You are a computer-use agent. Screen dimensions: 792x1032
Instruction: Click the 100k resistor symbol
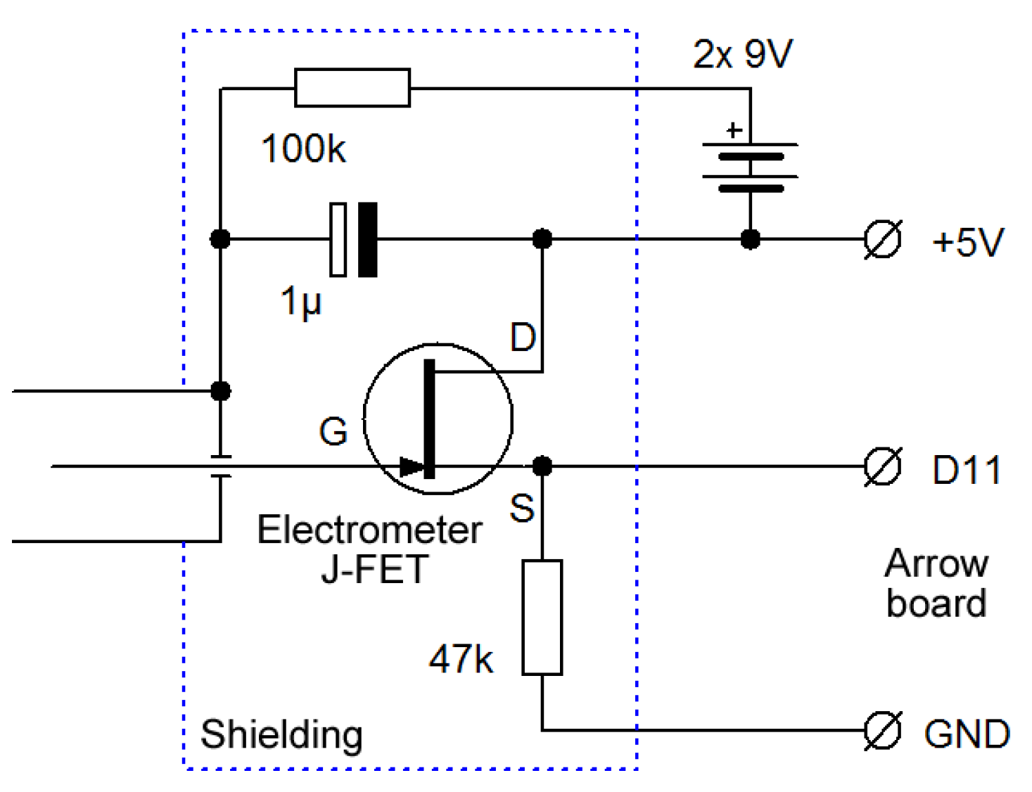(352, 88)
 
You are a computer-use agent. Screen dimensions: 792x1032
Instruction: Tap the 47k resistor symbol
(542, 617)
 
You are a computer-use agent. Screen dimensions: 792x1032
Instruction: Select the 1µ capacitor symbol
(354, 239)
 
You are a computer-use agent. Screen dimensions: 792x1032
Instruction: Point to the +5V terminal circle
(882, 239)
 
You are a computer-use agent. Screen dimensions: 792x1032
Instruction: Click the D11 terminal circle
(882, 466)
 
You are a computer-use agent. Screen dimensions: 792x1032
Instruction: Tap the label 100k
(303, 149)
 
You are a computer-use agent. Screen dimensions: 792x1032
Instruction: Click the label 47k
(461, 659)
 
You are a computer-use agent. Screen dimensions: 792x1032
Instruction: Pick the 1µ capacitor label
(301, 301)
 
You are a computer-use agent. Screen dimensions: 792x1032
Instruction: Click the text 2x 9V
(743, 53)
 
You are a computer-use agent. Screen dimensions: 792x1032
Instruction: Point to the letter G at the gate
(333, 432)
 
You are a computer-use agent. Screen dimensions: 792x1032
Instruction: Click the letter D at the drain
(523, 338)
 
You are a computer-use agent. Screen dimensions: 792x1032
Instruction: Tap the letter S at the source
(522, 508)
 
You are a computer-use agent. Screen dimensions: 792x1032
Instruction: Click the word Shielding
(281, 735)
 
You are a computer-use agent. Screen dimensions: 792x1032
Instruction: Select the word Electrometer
(369, 530)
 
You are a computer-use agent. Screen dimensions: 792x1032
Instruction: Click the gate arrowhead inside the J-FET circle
(411, 466)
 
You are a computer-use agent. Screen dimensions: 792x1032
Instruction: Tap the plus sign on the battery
(734, 130)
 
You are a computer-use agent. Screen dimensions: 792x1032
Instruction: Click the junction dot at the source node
(542, 466)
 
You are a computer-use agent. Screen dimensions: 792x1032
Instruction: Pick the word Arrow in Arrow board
(936, 564)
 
